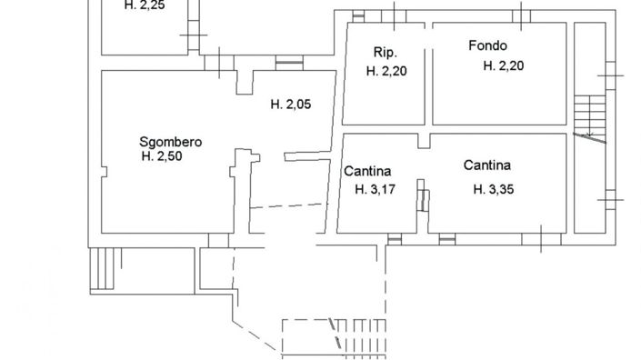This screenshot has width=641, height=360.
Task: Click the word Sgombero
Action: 170,142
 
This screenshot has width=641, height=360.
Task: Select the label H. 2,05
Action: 291,105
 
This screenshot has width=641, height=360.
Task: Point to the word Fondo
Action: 487,45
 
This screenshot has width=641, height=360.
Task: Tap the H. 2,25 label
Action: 145,5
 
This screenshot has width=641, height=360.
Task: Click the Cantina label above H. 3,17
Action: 367,170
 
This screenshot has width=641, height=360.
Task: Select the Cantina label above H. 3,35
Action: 486,165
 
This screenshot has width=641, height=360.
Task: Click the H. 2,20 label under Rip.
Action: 386,71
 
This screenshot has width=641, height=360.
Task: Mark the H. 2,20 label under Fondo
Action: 504,65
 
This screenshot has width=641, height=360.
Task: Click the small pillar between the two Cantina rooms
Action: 422,195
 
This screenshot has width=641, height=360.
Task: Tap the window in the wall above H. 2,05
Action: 289,64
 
